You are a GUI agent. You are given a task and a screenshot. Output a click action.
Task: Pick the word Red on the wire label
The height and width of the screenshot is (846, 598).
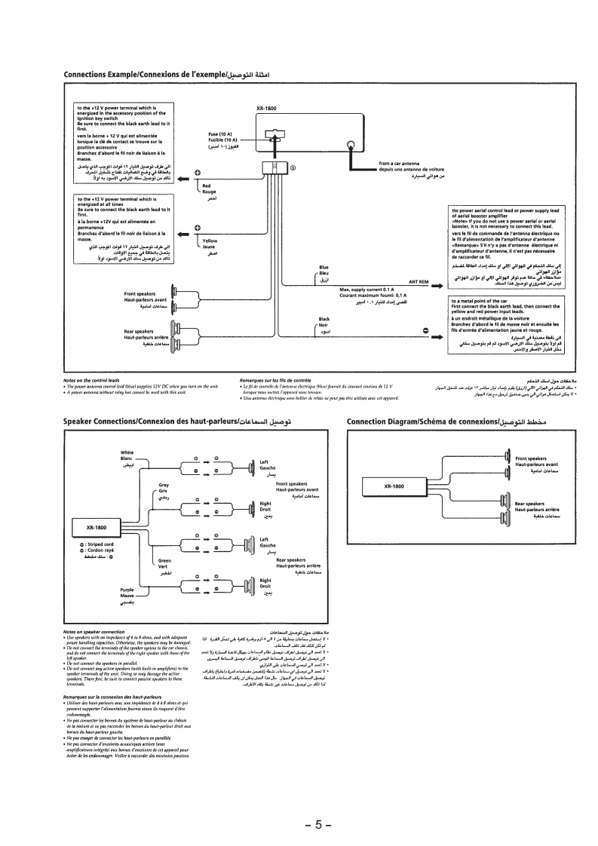coord(207,185)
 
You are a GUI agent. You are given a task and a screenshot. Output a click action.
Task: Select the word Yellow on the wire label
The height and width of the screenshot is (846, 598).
coord(210,241)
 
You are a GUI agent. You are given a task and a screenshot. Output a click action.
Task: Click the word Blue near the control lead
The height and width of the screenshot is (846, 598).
coord(324,267)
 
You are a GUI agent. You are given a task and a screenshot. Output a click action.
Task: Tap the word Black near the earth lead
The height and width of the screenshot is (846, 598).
coord(324,319)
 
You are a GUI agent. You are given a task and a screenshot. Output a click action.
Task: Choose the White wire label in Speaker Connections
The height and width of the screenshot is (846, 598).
coord(127,452)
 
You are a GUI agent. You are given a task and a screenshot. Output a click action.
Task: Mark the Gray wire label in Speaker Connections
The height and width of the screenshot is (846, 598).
coord(164,485)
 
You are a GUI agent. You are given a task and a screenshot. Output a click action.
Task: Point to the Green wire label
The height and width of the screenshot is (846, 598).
coord(164,561)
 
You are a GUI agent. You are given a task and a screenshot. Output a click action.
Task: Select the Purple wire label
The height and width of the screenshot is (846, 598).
coord(126,590)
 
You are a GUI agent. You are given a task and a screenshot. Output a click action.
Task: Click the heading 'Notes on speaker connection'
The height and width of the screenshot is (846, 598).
coord(93,631)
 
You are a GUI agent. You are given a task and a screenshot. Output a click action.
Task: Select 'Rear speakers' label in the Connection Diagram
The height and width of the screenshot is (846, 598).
coord(530,503)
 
